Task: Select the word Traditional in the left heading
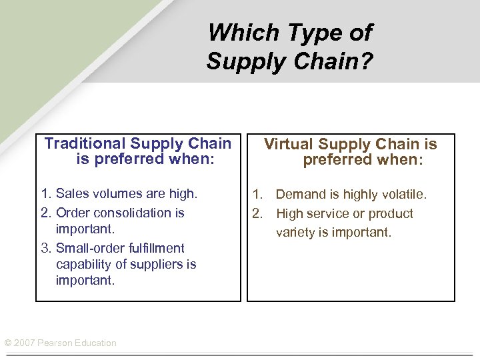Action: [85, 143]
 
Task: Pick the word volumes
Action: [118, 194]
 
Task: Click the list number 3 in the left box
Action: [45, 248]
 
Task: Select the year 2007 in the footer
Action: [25, 343]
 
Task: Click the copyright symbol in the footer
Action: [8, 343]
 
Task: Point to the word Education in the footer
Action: [96, 343]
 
